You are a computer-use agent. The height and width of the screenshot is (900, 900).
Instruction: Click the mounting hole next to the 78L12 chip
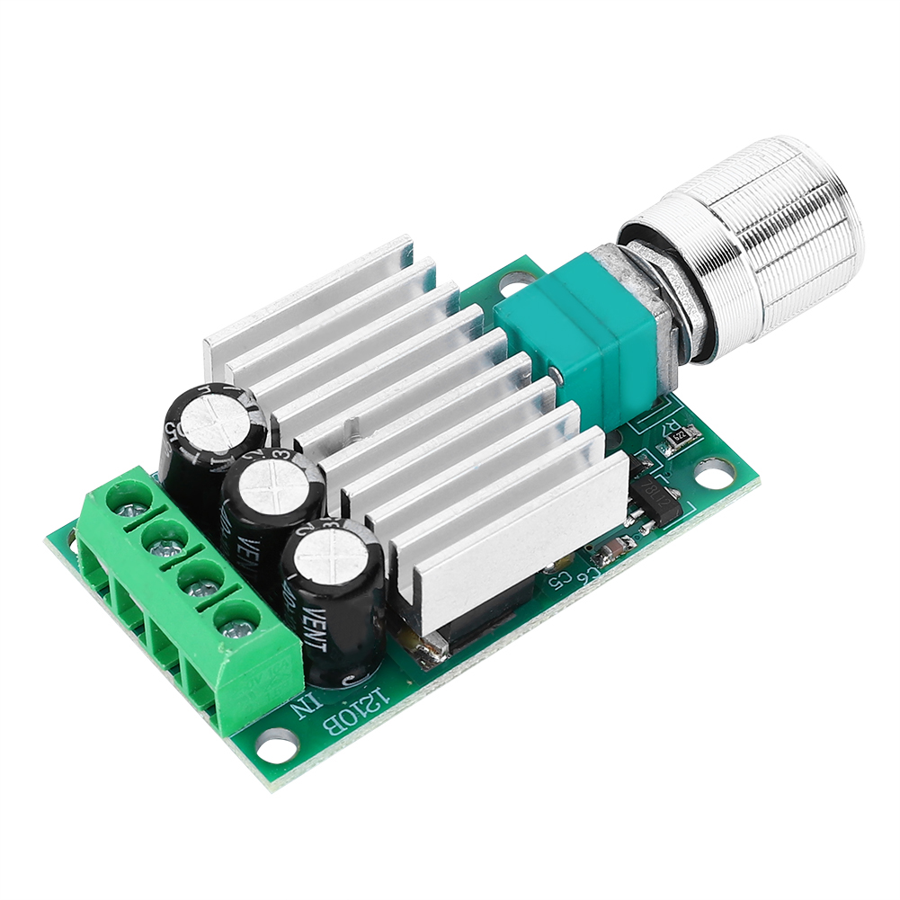click(x=713, y=468)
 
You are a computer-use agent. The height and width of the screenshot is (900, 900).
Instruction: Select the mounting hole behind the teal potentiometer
click(x=510, y=281)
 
